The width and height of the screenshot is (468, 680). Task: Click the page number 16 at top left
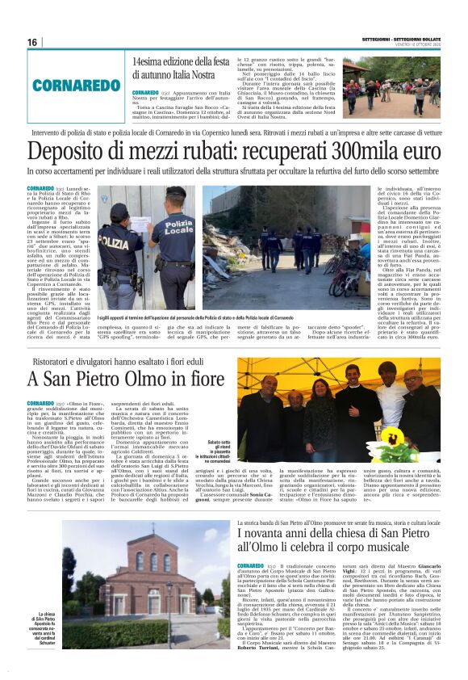[32, 42]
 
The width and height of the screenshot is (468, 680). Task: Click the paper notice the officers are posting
[143, 222]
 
